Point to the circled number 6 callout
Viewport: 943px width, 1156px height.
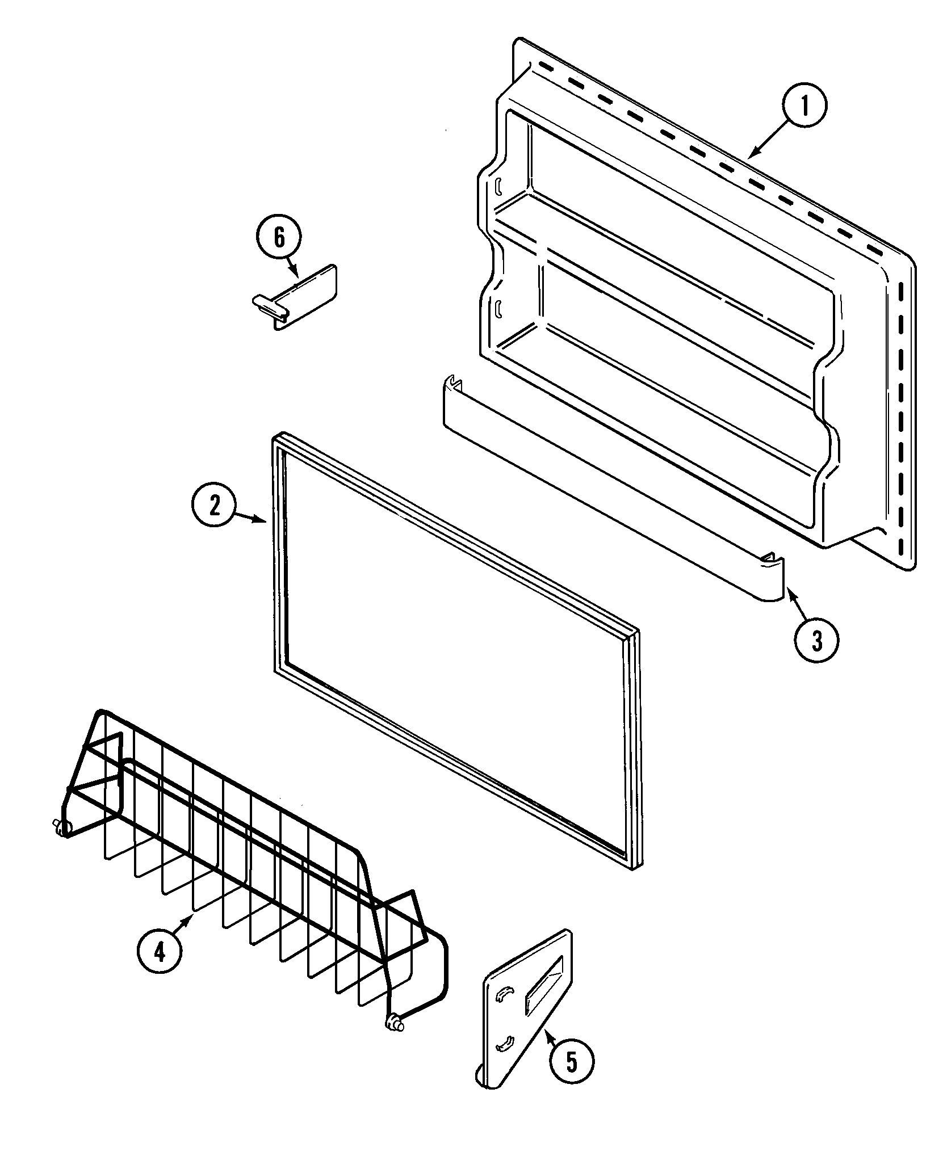(279, 239)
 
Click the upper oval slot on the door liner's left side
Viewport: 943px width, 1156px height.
(498, 186)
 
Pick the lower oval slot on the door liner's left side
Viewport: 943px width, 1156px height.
(498, 309)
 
